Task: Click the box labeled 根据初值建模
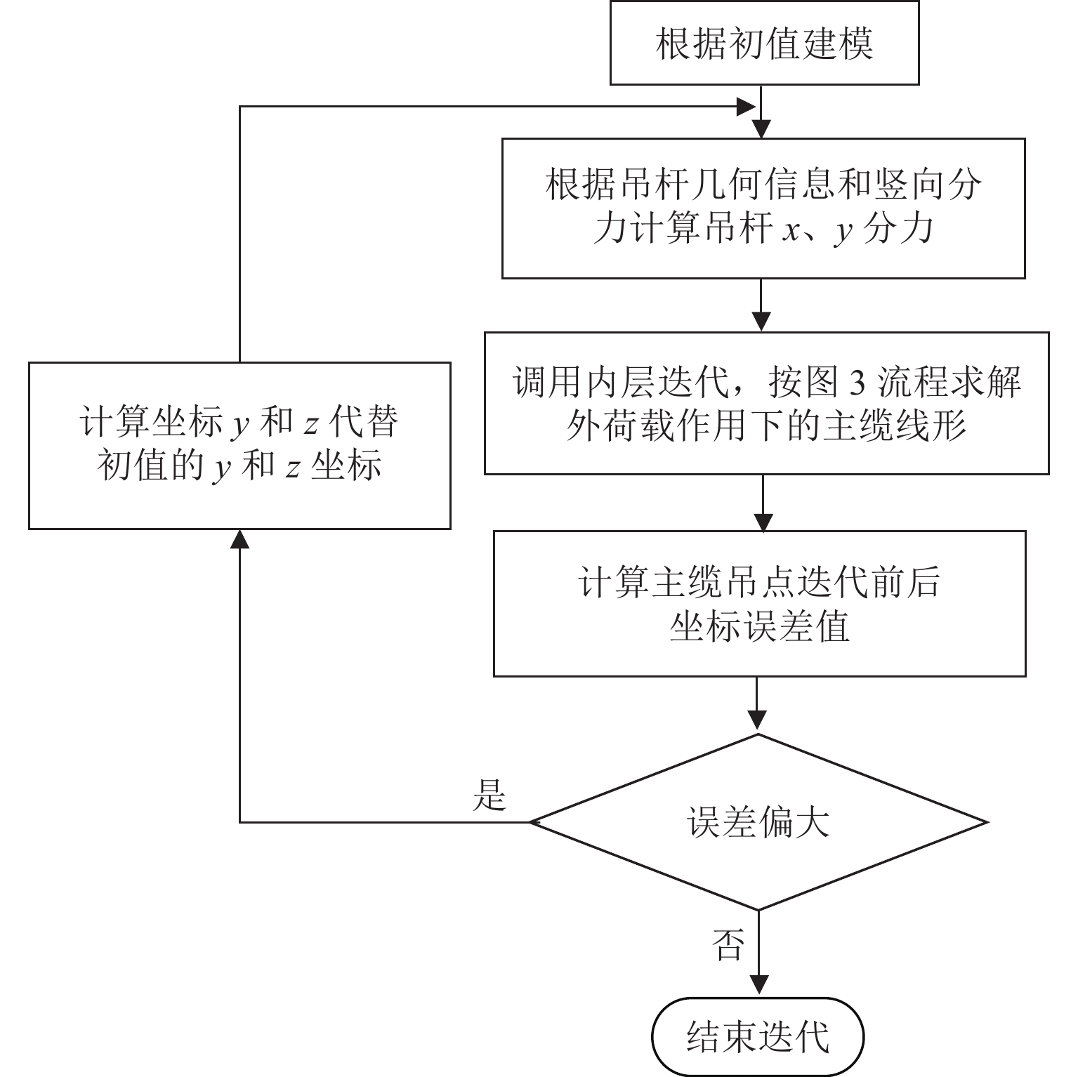[x=764, y=44]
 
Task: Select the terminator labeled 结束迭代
[x=758, y=1036]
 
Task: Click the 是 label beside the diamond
[x=489, y=795]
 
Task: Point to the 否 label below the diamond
[x=728, y=945]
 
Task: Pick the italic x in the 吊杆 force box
[x=791, y=230]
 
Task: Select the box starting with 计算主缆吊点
[x=759, y=604]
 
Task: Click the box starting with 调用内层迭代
[x=766, y=404]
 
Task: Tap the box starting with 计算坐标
[x=239, y=445]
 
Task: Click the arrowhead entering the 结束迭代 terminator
[x=758, y=985]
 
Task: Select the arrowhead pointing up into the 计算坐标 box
[x=240, y=539]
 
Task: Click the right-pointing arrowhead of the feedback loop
[x=745, y=107]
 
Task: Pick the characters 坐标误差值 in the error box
[x=759, y=626]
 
